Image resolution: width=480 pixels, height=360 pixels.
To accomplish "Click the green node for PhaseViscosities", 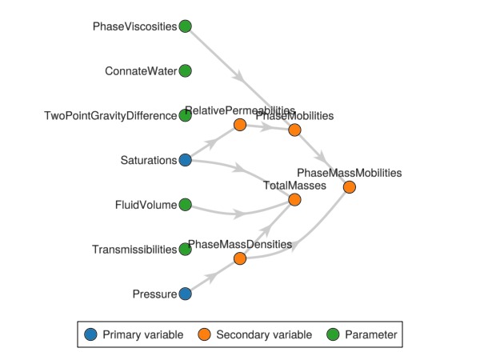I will tap(185, 26).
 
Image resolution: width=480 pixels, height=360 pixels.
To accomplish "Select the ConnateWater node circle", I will tap(185, 71).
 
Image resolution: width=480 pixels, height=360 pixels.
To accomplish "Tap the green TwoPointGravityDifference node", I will tap(185, 115).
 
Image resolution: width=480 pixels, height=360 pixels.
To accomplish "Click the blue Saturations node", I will tap(185, 160).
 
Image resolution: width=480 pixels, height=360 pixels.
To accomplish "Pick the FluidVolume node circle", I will tap(185, 205).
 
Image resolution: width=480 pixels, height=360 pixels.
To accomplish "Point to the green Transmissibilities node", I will tap(185, 250).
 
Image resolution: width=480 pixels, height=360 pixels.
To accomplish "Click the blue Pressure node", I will tap(185, 294).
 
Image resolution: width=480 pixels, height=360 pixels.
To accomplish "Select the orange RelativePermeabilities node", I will tap(239, 125).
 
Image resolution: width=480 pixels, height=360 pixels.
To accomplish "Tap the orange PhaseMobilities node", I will tap(294, 130).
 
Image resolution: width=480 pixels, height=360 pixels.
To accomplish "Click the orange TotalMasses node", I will tap(294, 199).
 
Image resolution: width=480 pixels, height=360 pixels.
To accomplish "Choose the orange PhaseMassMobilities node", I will tap(349, 186).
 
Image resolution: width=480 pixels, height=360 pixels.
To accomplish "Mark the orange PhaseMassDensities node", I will tap(239, 258).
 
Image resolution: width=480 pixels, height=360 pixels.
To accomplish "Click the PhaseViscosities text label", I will tap(134, 26).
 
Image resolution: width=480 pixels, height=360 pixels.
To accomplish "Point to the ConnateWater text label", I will tap(141, 71).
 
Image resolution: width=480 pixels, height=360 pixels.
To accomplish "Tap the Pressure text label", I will tap(154, 294).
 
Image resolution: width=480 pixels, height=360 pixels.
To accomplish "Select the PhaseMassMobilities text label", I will tap(349, 172).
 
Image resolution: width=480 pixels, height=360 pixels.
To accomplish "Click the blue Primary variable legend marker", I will tap(91, 334).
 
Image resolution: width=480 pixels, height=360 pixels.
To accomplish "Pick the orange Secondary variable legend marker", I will tap(205, 334).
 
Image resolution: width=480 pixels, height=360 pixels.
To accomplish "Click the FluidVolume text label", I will tap(145, 205).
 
